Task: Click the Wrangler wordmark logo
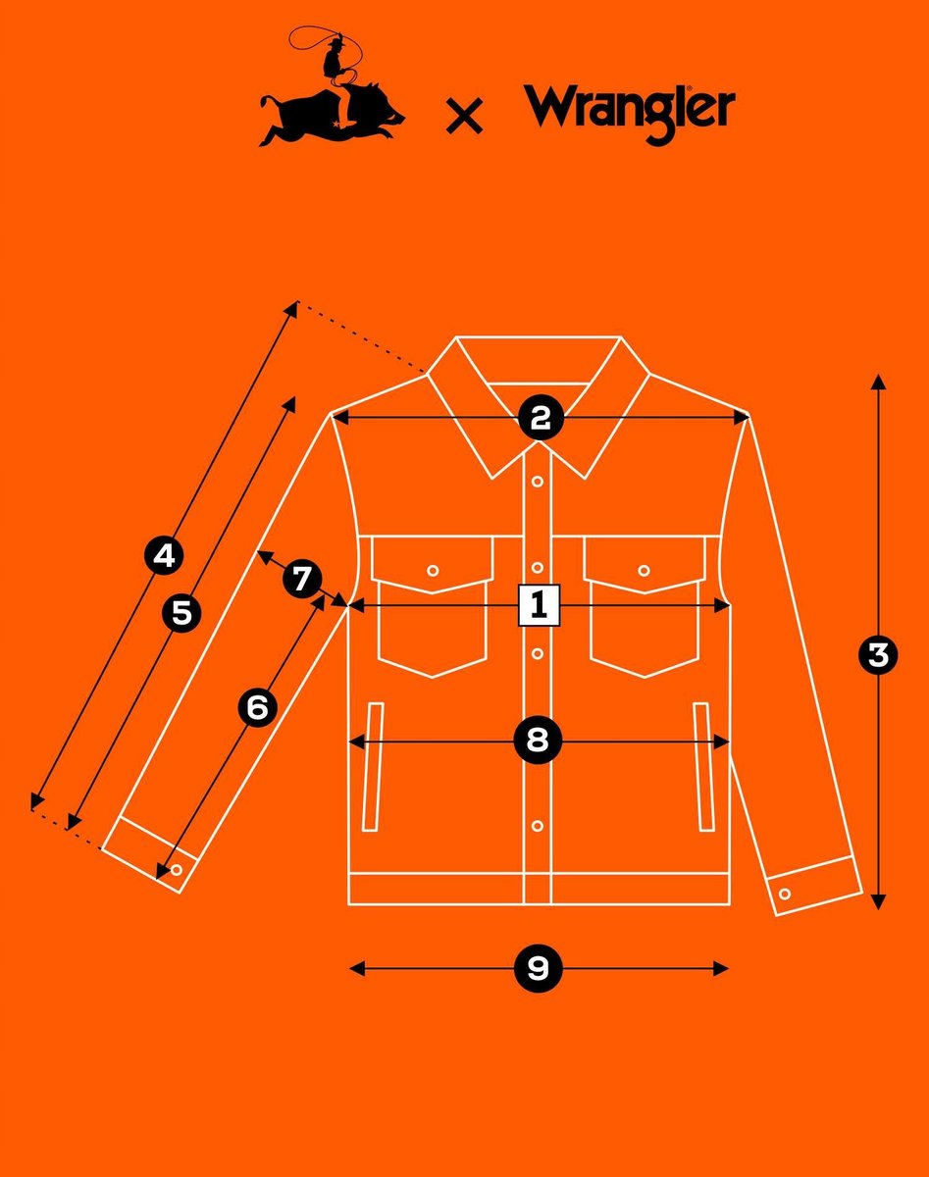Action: click(629, 113)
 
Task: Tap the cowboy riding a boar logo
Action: click(332, 86)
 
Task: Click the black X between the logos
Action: click(465, 116)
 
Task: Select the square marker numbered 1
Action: click(539, 605)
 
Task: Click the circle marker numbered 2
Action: click(541, 419)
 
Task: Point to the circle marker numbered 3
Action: click(878, 654)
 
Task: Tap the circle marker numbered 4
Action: click(164, 556)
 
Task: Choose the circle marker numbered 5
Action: click(181, 613)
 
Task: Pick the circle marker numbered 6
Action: click(257, 707)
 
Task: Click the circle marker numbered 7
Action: click(302, 579)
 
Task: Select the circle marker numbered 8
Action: click(538, 742)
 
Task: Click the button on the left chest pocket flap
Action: click(433, 571)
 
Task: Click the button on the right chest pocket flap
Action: click(644, 571)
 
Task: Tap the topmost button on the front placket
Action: click(538, 482)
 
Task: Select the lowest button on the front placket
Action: click(538, 826)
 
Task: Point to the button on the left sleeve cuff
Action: click(177, 870)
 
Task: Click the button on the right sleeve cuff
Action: click(785, 895)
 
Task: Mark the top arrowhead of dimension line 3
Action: click(878, 382)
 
